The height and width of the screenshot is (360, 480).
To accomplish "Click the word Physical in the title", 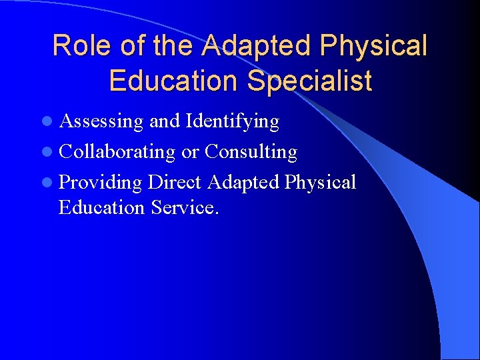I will pos(374,46).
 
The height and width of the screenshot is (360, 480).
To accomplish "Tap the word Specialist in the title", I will pos(309,81).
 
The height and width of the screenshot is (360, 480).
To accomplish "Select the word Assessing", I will pos(101,121).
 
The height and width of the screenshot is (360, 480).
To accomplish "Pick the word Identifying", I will pos(232,121).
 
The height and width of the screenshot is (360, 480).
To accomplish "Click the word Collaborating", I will pos(117,152).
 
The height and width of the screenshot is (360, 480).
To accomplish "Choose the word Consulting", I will pos(251,152).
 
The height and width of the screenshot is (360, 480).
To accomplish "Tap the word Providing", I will pos(101,182).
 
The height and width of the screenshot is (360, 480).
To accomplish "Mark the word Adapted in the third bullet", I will pos(243,181).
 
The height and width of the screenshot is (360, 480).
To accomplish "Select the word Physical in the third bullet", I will pos(321,181).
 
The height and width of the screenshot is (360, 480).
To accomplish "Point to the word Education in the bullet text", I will pos(101,207).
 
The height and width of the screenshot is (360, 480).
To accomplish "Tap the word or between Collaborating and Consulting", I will pos(190,153).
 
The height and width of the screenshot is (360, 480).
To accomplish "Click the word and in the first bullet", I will pos(164,121).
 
